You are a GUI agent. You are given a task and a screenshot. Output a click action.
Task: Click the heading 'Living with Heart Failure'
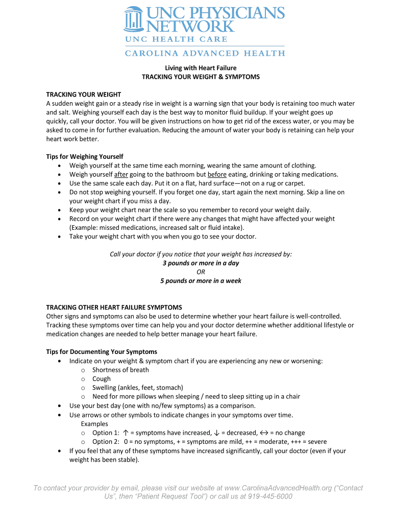200,67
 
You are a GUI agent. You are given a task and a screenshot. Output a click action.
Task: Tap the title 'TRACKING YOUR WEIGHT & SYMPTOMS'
201,77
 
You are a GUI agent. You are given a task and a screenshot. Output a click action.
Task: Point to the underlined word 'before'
217,174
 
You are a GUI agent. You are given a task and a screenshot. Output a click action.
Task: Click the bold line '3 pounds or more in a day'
201,263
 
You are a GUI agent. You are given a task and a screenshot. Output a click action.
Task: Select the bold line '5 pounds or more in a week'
201,281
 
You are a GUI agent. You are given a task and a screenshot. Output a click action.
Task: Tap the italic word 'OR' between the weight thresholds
201,272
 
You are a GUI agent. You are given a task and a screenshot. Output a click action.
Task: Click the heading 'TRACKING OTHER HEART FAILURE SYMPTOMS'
114,307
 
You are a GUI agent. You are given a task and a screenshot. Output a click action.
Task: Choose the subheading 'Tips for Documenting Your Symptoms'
102,352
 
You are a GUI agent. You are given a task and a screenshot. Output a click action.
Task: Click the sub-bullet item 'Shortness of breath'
120,370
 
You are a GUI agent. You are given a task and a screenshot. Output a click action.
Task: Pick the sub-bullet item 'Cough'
101,379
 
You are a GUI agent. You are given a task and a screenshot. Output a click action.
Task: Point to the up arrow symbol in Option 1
126,433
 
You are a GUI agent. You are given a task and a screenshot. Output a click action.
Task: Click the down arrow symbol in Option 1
216,433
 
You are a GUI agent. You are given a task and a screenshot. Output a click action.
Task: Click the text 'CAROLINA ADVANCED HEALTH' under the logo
205,53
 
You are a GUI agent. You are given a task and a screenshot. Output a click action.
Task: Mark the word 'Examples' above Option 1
94,424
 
